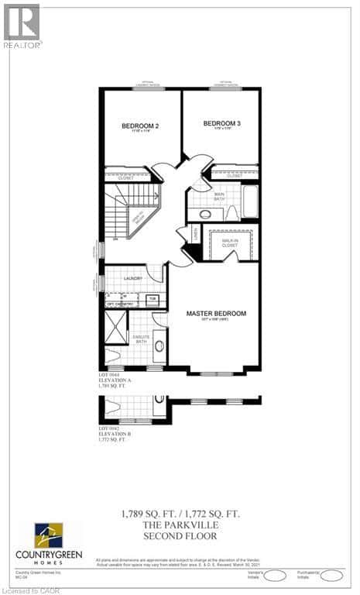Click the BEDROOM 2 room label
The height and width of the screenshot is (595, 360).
click(140, 126)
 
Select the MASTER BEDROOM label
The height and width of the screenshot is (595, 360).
click(216, 314)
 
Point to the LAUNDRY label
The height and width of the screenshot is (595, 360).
click(131, 277)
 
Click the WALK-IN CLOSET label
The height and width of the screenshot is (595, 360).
click(230, 243)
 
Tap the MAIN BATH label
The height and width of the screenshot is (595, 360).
click(219, 196)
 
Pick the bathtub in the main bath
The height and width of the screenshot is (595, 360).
click(249, 201)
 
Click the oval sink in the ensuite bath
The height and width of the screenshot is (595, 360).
click(159, 346)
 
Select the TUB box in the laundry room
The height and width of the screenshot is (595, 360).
click(153, 298)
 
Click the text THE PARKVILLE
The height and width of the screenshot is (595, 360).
click(180, 524)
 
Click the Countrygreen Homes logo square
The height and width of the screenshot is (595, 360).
click(48, 536)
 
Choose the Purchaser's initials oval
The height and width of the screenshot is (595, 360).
click(331, 575)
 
